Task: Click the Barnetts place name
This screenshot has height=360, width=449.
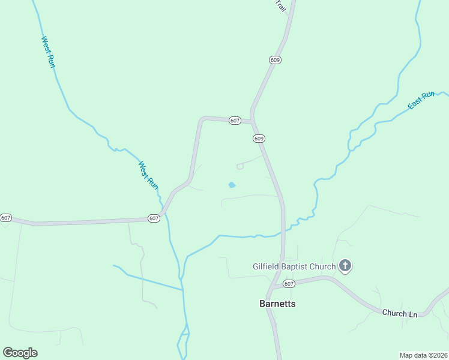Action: tap(277, 304)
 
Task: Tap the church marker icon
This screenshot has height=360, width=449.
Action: tap(345, 266)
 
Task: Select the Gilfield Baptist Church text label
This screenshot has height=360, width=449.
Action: tap(294, 266)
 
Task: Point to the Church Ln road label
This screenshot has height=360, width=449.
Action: tap(399, 313)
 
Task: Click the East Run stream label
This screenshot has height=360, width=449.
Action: tap(421, 100)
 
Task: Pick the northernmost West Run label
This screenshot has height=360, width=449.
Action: tap(48, 52)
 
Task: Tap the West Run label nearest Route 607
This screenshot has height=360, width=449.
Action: tap(148, 176)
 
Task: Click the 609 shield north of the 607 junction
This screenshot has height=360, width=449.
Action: tap(275, 60)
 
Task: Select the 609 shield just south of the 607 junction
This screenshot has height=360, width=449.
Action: tap(259, 139)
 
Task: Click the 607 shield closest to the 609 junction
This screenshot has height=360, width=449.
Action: tap(235, 121)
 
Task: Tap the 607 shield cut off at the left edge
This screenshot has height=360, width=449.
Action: tap(5, 217)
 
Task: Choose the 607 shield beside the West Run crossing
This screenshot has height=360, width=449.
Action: tap(154, 218)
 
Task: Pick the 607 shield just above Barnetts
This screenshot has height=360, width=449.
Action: tap(289, 284)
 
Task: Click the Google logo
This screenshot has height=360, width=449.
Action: tap(20, 353)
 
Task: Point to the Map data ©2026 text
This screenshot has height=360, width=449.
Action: tap(423, 355)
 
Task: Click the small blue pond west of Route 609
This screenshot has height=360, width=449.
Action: tap(232, 185)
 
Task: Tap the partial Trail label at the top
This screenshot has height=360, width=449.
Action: tap(280, 5)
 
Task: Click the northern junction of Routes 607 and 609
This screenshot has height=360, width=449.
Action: tap(253, 121)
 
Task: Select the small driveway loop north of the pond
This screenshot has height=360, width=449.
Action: tap(240, 166)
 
